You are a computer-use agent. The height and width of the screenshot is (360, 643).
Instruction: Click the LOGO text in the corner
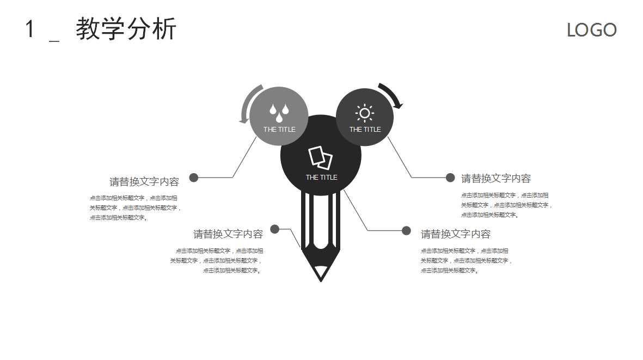click(x=591, y=30)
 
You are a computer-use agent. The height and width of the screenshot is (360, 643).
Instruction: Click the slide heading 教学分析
click(x=126, y=29)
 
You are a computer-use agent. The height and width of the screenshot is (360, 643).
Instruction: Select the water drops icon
click(x=279, y=113)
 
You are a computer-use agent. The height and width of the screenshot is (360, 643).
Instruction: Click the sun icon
click(x=364, y=113)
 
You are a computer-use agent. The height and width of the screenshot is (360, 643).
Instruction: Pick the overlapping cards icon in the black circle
click(x=321, y=157)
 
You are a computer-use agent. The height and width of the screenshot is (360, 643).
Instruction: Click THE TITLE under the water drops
click(x=279, y=130)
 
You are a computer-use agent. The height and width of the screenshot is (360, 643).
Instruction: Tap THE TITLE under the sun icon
click(x=365, y=130)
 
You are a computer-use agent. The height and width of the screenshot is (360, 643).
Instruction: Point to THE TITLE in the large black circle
click(x=321, y=178)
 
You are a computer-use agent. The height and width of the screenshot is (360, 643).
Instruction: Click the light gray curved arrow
click(x=249, y=103)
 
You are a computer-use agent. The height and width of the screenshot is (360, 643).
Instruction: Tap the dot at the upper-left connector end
click(x=194, y=178)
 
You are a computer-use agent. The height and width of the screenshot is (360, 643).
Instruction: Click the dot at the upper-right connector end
click(x=450, y=178)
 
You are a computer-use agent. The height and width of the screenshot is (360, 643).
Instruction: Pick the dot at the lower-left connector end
click(x=275, y=229)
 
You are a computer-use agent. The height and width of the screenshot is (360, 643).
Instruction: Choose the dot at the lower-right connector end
click(x=406, y=230)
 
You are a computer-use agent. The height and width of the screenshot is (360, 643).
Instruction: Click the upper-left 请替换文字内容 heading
click(x=144, y=182)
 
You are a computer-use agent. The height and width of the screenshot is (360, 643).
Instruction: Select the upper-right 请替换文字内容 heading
click(x=496, y=179)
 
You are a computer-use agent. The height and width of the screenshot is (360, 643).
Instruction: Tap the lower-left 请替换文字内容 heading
click(x=228, y=234)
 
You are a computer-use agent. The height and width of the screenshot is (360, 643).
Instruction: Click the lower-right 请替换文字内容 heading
click(x=456, y=234)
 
